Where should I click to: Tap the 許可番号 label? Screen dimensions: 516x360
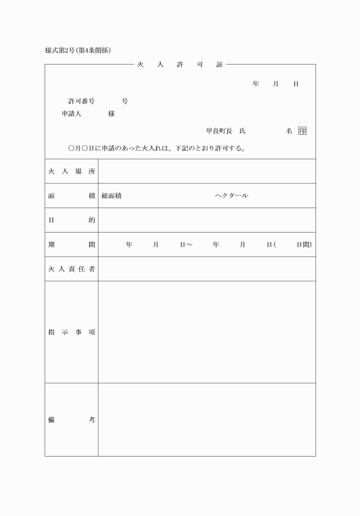[x=82, y=101]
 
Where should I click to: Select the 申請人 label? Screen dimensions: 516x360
[x=72, y=114]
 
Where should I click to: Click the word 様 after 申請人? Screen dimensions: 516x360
[x=111, y=114]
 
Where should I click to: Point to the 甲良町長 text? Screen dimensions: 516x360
[x=219, y=131]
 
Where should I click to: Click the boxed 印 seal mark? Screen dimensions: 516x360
[x=302, y=131]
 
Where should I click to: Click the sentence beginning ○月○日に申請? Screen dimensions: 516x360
[x=157, y=149]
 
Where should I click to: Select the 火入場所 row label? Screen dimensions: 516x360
[x=71, y=171]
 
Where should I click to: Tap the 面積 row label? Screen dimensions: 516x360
[x=71, y=195]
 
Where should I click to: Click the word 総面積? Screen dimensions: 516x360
[x=111, y=195]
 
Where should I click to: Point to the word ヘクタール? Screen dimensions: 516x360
[x=231, y=195]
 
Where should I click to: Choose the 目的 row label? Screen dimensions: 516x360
[x=71, y=220]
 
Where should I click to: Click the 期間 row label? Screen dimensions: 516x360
[x=71, y=245]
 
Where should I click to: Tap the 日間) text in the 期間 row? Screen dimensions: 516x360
[x=304, y=245]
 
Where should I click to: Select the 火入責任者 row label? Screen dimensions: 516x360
[x=71, y=269]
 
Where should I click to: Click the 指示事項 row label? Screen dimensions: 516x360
[x=71, y=332]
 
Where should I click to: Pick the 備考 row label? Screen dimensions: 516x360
[x=71, y=419]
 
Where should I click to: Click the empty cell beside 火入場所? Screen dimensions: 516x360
[x=206, y=171]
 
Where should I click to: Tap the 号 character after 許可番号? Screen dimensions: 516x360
[x=125, y=101]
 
